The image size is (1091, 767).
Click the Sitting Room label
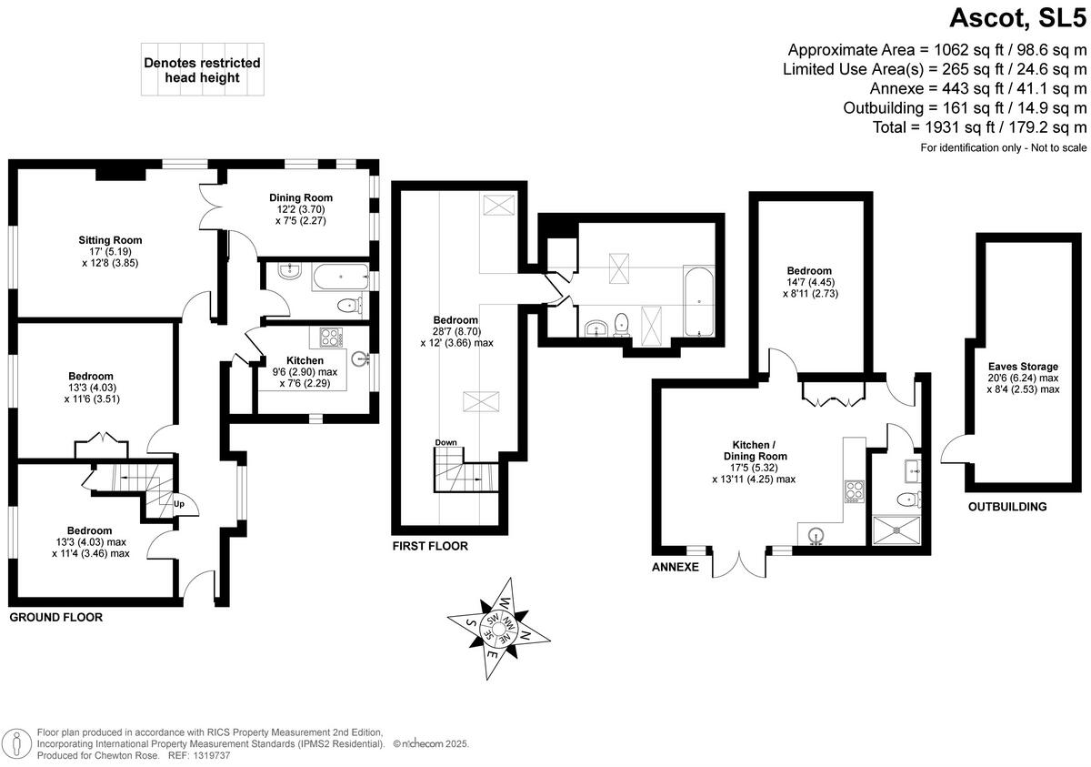109,240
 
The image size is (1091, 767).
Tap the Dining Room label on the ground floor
300,197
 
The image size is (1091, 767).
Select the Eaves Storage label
1024,367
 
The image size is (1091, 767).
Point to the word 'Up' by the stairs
179,502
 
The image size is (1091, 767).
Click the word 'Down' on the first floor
445,442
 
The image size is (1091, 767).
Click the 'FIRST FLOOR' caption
429,547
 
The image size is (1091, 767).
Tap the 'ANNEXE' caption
676,567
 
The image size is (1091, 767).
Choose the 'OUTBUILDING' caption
1006,507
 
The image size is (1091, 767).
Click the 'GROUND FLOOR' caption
55,617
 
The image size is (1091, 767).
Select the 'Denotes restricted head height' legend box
202,70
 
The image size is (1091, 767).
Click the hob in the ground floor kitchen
328,337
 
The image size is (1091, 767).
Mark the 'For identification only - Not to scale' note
1004,147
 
